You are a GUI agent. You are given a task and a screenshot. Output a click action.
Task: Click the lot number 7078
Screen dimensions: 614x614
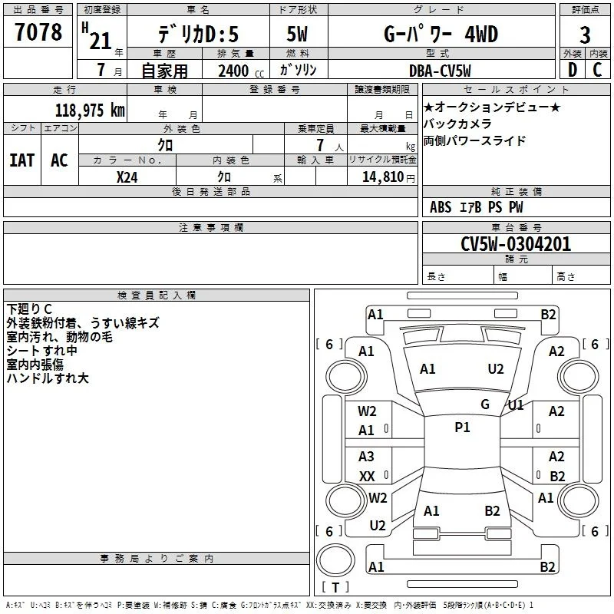(38, 32)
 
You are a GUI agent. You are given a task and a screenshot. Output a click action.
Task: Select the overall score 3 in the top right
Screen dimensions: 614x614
(585, 35)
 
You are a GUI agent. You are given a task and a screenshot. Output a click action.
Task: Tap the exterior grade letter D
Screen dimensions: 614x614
(573, 70)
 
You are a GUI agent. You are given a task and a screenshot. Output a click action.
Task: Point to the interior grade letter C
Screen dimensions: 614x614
(597, 70)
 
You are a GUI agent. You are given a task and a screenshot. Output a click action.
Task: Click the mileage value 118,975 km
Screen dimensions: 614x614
(90, 111)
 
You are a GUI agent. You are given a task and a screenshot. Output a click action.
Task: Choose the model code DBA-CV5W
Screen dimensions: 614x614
(440, 71)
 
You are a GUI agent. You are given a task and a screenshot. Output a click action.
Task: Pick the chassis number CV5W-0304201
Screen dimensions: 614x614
(516, 244)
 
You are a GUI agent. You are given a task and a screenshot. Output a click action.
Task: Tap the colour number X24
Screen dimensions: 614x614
(127, 177)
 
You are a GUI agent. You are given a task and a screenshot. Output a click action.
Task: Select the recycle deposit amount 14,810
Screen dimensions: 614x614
(383, 177)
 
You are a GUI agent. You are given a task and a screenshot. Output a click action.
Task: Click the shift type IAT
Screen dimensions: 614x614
(22, 160)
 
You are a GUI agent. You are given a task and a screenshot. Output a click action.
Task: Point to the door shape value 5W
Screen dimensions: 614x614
(297, 34)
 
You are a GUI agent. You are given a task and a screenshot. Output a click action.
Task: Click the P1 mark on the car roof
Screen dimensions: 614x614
(462, 427)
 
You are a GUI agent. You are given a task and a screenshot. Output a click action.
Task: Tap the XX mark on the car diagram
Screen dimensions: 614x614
(367, 476)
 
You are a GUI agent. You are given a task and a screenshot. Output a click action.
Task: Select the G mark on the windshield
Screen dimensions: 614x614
(485, 404)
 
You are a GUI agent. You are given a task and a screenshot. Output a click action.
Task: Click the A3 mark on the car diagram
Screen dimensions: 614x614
(366, 456)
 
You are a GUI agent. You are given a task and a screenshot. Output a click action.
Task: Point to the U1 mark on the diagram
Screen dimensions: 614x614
(516, 405)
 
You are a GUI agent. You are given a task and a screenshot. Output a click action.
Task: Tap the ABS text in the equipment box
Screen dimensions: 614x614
(441, 207)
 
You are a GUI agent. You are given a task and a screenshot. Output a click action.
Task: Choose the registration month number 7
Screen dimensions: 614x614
(101, 70)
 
